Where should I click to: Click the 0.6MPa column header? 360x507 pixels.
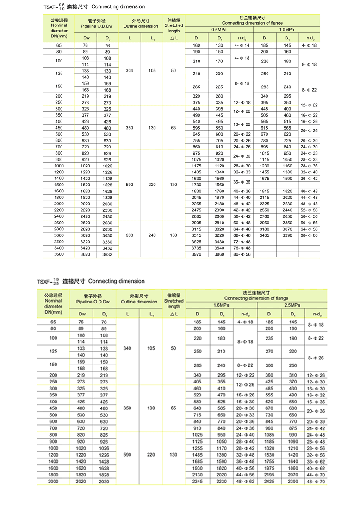click(x=218, y=30)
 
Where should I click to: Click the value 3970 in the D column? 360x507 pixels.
click(x=196, y=254)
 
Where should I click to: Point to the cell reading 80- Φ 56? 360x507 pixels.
click(x=241, y=254)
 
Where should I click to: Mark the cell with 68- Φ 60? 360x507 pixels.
click(x=309, y=235)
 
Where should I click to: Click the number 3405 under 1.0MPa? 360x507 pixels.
click(x=265, y=235)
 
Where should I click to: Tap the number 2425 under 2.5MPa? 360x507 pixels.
click(x=269, y=482)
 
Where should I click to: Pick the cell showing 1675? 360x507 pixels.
click(x=265, y=178)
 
